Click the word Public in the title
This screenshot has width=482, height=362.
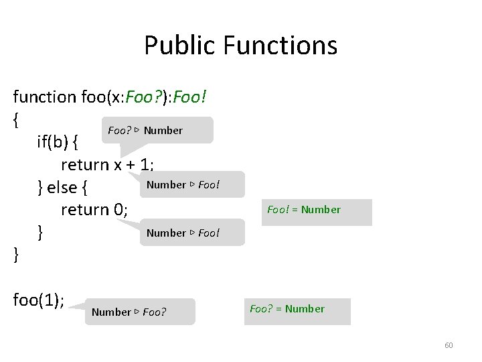pyautogui.click(x=174, y=46)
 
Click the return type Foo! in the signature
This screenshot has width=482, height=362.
pyautogui.click(x=190, y=97)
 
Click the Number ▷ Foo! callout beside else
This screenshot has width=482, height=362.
pyautogui.click(x=183, y=184)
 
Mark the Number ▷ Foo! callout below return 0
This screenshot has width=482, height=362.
pyautogui.click(x=183, y=233)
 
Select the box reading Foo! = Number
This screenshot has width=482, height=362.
pyautogui.click(x=304, y=210)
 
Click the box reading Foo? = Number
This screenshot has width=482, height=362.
pyautogui.click(x=287, y=309)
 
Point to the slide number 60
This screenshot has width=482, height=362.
pyautogui.click(x=449, y=345)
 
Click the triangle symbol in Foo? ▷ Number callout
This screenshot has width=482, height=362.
pyautogui.click(x=136, y=130)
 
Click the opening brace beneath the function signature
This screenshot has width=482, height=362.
pyautogui.click(x=15, y=120)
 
